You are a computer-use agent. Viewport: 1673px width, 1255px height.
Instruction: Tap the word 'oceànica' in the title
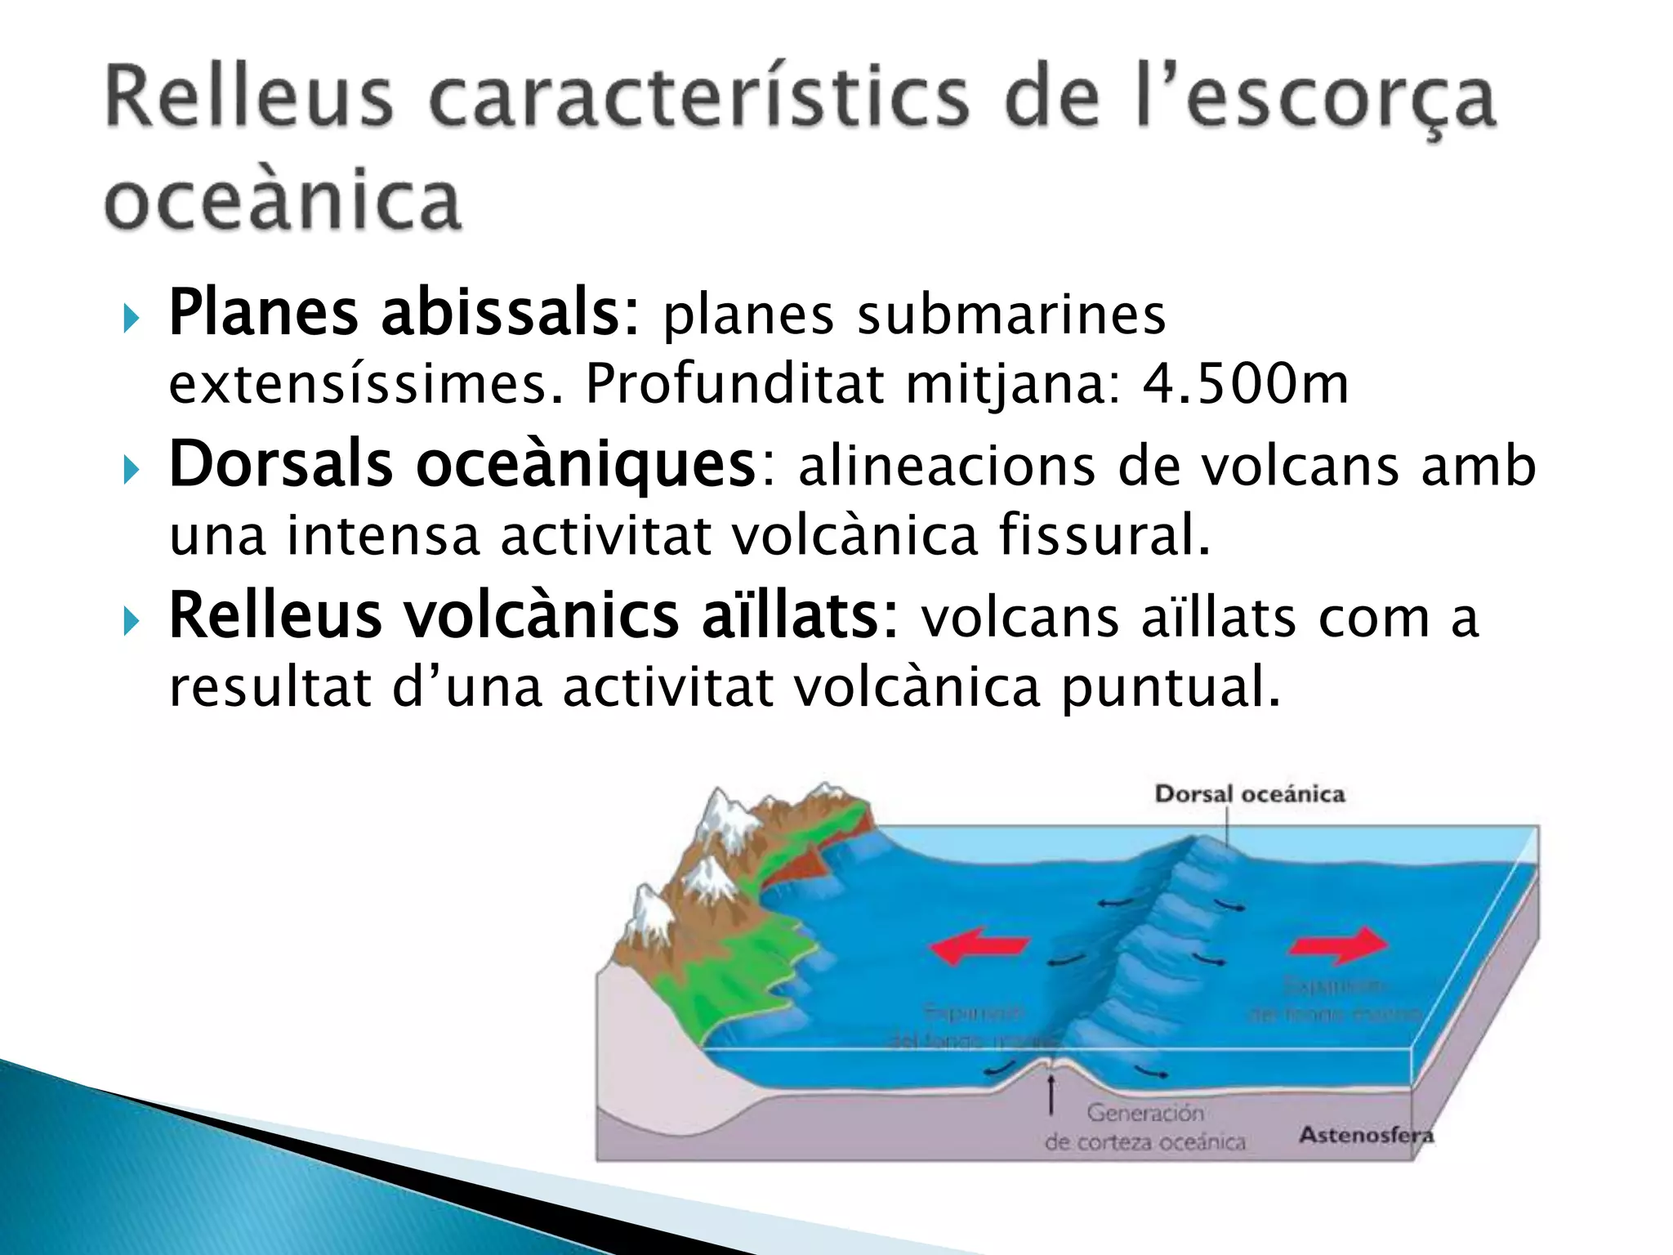(x=283, y=200)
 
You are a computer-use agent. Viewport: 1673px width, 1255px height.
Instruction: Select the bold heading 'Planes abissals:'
(x=404, y=312)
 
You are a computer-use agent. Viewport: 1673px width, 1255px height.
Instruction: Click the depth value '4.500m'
(x=1245, y=383)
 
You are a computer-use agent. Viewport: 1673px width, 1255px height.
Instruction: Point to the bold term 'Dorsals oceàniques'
(x=462, y=464)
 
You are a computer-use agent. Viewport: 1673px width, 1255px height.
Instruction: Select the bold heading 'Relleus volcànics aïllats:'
(x=533, y=615)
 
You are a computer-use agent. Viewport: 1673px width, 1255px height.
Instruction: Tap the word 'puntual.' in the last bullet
(x=1170, y=686)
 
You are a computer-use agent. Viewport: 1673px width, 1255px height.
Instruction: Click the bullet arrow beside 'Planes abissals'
(x=131, y=318)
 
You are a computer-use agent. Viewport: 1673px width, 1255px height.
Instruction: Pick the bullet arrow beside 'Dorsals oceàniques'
(x=131, y=470)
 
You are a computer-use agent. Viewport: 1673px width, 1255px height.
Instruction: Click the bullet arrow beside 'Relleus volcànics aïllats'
(x=131, y=622)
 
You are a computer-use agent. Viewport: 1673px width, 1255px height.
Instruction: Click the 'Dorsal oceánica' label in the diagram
(x=1249, y=794)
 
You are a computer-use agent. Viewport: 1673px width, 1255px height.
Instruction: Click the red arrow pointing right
(x=1338, y=946)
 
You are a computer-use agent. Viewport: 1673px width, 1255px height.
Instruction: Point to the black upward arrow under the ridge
(x=1051, y=1093)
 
